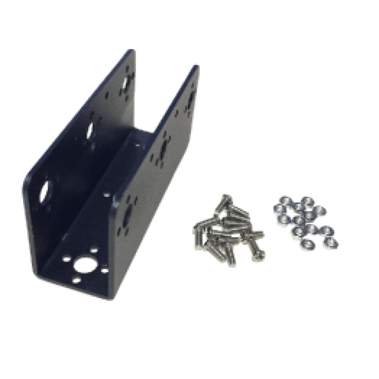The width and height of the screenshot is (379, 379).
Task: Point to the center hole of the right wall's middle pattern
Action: coord(163,147)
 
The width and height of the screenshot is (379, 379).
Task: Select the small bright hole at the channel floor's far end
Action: coord(137,142)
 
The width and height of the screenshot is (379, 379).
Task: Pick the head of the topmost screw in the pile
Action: coord(226,199)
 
